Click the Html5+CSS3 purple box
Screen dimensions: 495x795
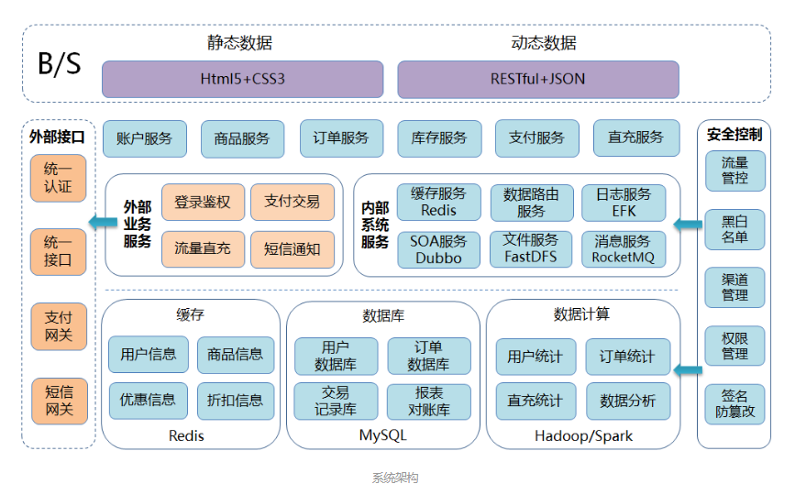(242, 79)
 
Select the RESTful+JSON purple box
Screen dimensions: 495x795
(537, 79)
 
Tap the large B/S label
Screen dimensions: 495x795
(59, 63)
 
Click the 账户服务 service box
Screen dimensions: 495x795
(144, 138)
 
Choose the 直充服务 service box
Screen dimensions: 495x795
(635, 137)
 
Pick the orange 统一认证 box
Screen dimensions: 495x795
(59, 179)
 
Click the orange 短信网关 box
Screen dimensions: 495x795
(59, 401)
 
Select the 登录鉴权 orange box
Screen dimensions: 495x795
(203, 202)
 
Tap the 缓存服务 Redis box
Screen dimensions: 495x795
(438, 202)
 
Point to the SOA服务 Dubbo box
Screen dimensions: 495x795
(438, 249)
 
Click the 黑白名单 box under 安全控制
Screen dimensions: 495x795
(734, 229)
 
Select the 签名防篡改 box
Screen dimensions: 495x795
(734, 404)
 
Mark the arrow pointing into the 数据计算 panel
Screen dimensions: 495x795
(686, 370)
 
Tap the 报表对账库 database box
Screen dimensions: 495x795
(428, 401)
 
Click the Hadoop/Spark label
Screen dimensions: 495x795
(583, 435)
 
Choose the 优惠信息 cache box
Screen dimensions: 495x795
(148, 400)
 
